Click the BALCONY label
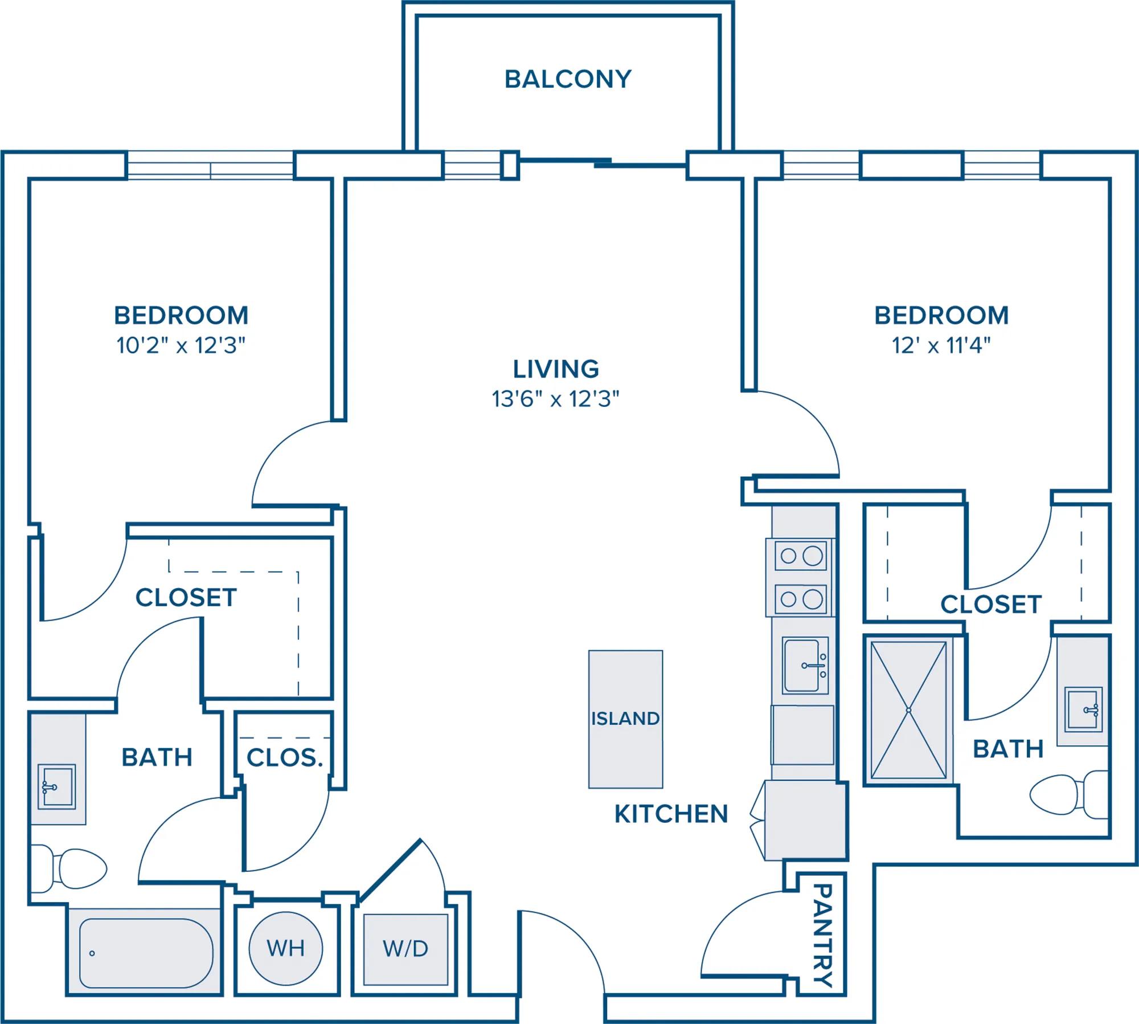(x=568, y=79)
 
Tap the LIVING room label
(x=556, y=369)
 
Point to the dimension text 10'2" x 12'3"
(x=181, y=345)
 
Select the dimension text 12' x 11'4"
(x=941, y=345)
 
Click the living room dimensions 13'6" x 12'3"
(x=556, y=399)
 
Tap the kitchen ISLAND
(x=625, y=719)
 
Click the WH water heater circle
(x=286, y=949)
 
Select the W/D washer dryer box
(x=405, y=949)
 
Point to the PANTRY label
(x=822, y=935)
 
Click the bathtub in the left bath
(x=146, y=953)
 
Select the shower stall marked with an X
(x=908, y=710)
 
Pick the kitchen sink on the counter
(x=805, y=665)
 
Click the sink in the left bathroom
(x=56, y=787)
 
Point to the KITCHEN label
(x=671, y=814)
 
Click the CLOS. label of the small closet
(x=285, y=757)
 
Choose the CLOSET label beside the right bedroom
(x=991, y=605)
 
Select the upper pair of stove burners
(x=802, y=556)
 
